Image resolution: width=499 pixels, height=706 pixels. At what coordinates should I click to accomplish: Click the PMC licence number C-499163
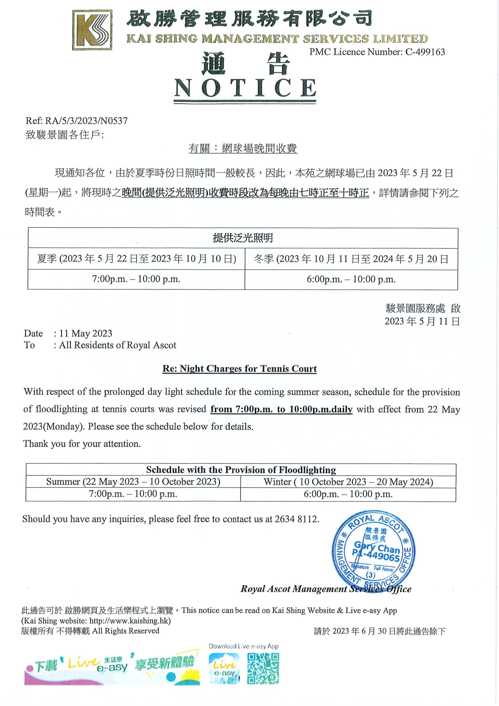(425, 52)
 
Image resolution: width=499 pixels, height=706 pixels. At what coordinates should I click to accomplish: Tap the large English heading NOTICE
(245, 88)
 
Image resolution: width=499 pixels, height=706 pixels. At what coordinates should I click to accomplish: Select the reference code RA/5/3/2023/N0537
(86, 121)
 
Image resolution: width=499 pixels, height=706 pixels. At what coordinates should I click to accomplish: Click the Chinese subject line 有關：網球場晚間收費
(243, 149)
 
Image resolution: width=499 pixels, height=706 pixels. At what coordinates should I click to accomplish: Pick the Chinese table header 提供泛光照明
(243, 238)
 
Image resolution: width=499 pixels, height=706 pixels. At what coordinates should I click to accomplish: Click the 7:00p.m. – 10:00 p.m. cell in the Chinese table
(136, 279)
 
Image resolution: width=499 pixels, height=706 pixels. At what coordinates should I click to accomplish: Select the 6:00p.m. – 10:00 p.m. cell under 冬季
(351, 279)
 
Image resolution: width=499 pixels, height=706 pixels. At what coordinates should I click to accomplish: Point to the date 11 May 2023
(85, 334)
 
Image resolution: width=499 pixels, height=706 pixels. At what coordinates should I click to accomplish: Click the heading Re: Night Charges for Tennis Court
(240, 369)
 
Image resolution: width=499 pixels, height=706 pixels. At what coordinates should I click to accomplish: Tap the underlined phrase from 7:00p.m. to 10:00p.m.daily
(281, 410)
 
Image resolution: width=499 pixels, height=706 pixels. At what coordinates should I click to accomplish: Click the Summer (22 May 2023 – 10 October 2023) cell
(133, 482)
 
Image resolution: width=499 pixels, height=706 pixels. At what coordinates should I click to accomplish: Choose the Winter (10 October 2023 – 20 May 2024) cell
(348, 482)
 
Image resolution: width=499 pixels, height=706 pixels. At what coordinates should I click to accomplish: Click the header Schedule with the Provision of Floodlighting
(241, 470)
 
